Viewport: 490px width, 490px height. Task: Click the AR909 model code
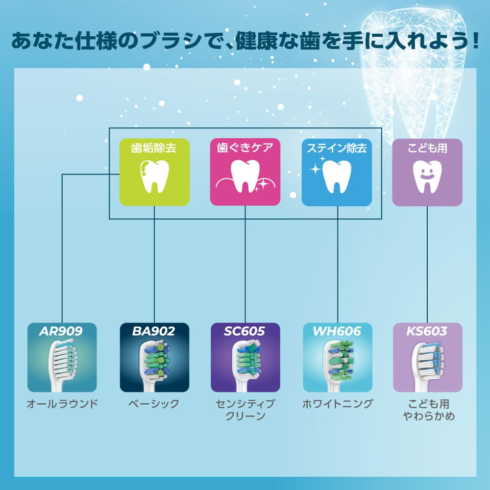click(x=62, y=332)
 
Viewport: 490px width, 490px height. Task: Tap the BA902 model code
click(x=154, y=332)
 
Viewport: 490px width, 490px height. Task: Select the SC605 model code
click(x=245, y=332)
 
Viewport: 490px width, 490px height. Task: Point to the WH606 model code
click(x=337, y=332)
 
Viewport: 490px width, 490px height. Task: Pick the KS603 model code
click(x=427, y=332)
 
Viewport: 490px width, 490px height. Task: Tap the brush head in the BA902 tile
click(x=154, y=365)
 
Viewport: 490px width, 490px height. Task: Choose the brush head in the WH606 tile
click(x=338, y=365)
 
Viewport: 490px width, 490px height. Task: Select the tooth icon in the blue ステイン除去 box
click(x=337, y=176)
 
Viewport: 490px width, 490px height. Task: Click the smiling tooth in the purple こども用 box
click(x=427, y=176)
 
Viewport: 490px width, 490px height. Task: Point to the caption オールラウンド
click(x=62, y=404)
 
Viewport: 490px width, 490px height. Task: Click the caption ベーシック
click(x=154, y=404)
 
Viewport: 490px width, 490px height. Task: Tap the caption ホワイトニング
click(x=338, y=404)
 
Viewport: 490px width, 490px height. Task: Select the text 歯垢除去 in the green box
click(x=154, y=148)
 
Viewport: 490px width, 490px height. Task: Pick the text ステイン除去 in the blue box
click(x=337, y=148)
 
